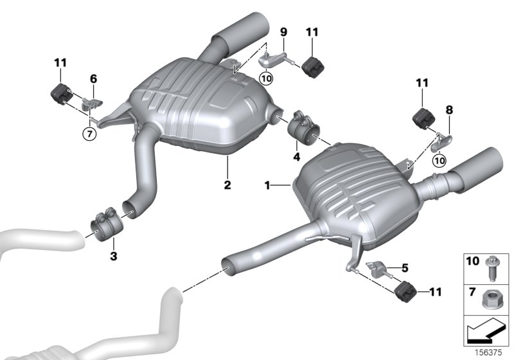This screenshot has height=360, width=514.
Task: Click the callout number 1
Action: (x=267, y=185)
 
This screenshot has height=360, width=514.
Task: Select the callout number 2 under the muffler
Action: (x=227, y=185)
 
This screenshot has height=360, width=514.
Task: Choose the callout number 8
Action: (x=448, y=110)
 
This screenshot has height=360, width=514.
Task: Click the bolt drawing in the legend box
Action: (x=490, y=267)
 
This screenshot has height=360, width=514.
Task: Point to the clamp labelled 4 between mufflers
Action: (x=305, y=125)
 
